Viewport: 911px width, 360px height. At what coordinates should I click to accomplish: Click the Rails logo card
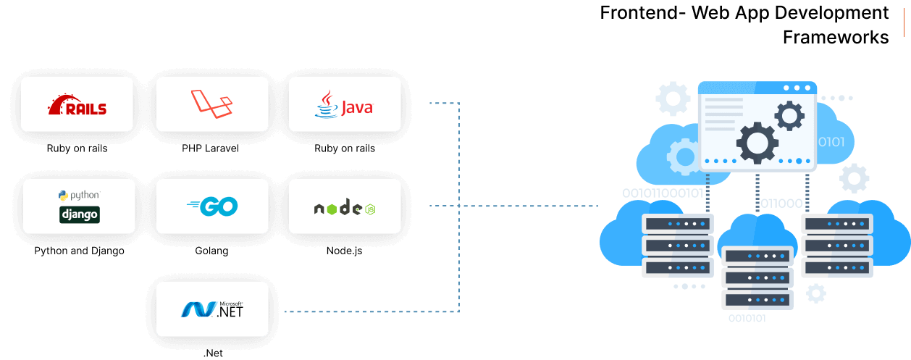(77, 104)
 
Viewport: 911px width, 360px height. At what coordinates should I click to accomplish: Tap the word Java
(356, 108)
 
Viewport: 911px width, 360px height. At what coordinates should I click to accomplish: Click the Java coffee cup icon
(326, 104)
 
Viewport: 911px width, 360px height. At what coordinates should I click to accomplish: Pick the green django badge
(79, 214)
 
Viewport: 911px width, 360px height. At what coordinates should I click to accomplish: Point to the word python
(84, 196)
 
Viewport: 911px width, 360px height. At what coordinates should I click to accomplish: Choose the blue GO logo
(211, 206)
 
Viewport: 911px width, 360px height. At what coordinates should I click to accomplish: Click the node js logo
(344, 208)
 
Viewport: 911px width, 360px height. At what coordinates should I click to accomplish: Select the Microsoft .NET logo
(212, 309)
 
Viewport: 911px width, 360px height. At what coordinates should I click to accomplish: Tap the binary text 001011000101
(662, 193)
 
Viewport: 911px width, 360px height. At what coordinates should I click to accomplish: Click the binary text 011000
(781, 204)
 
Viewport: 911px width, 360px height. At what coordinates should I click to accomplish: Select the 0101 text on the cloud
(831, 141)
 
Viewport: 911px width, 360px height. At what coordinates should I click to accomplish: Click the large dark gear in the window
(757, 142)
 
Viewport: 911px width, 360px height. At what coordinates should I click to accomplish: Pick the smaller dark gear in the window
(789, 115)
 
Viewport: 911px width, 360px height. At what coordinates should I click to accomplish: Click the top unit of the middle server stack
(757, 256)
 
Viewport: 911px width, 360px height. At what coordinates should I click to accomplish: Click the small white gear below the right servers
(816, 293)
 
